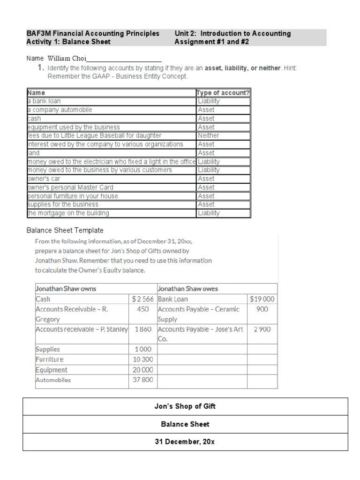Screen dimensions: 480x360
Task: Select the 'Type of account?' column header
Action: click(223, 92)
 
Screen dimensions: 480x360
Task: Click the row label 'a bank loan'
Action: click(44, 101)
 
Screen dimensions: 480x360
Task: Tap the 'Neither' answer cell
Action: click(208, 135)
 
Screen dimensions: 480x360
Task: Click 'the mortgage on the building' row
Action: click(68, 213)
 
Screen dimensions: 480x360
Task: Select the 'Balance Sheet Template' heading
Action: click(65, 230)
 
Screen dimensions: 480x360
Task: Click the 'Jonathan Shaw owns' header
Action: click(66, 289)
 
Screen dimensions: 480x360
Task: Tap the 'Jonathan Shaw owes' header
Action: click(188, 289)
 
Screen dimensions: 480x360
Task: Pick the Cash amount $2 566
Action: click(143, 299)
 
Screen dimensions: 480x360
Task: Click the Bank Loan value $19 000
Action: click(262, 299)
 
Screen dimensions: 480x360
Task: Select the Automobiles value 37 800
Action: click(143, 380)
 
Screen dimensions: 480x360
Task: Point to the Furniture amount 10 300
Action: click(143, 360)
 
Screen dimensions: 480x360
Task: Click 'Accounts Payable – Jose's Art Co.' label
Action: click(201, 334)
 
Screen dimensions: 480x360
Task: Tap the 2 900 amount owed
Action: click(262, 330)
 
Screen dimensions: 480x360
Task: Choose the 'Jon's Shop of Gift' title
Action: click(185, 406)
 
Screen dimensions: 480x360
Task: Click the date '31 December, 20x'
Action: click(185, 442)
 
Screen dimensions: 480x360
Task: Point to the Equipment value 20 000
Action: click(143, 370)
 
